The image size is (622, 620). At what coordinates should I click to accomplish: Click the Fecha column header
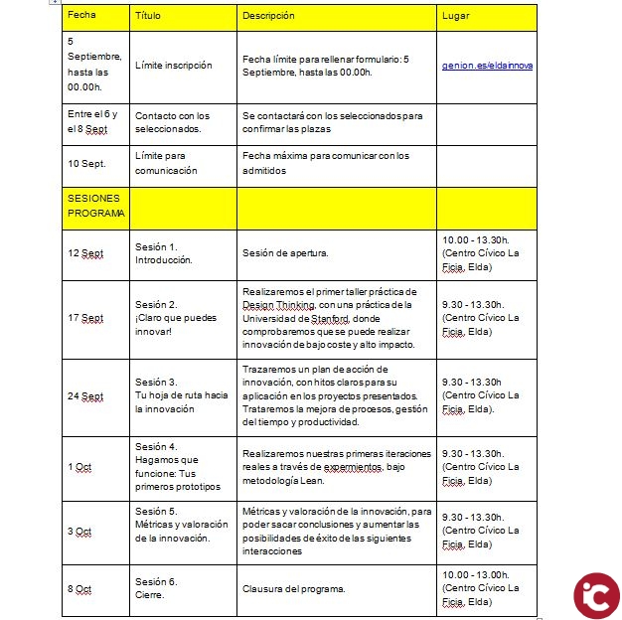tap(82, 17)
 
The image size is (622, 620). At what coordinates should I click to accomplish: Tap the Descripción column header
tap(269, 17)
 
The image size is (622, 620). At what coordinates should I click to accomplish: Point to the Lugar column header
tap(456, 17)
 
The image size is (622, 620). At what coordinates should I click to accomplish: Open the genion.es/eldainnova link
tap(487, 66)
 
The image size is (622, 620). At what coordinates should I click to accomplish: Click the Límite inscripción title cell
tap(173, 66)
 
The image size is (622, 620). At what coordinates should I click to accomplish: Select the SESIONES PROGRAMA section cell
tap(95, 206)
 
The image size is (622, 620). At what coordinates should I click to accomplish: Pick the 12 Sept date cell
tap(85, 253)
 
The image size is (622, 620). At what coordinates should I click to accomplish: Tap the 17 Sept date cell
tap(85, 318)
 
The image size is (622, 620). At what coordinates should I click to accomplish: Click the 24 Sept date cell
tap(85, 395)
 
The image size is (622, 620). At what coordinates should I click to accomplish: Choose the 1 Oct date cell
tap(79, 467)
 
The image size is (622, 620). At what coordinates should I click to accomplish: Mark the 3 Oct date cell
tap(79, 532)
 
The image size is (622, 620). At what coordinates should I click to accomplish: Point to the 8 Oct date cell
tap(79, 589)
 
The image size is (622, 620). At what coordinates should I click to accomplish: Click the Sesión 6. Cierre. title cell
tap(156, 589)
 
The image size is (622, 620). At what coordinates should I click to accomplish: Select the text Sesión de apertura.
tap(285, 253)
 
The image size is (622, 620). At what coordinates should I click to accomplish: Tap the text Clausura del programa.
tap(294, 589)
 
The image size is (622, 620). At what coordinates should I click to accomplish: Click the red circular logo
tap(596, 594)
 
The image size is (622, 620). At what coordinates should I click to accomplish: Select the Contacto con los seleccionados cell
tap(172, 121)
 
